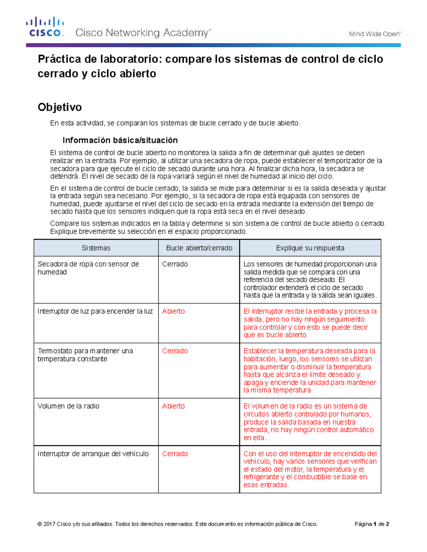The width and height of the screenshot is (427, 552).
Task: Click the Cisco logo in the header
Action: (45, 27)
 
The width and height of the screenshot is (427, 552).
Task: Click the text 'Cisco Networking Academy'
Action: (143, 33)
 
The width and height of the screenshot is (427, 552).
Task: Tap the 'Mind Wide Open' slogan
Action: (374, 34)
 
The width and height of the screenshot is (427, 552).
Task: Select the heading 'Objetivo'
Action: (60, 107)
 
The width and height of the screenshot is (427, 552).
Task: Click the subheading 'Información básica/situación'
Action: (120, 140)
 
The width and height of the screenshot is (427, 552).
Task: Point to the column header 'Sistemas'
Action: (96, 248)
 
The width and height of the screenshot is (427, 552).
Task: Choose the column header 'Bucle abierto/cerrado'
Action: (199, 248)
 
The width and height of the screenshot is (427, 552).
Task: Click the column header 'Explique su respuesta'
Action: (310, 248)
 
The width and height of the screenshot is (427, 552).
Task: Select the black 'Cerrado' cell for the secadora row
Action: (175, 264)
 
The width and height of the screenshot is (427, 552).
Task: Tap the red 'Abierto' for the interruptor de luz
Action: (173, 311)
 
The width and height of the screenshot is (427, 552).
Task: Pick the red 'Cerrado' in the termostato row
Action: (175, 351)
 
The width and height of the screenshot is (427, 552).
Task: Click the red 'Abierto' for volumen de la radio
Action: (173, 406)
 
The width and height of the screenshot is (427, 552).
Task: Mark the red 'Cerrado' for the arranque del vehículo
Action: (175, 454)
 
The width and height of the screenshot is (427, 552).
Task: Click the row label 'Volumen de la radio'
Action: (68, 406)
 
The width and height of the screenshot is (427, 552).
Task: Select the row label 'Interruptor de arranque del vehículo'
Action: (93, 454)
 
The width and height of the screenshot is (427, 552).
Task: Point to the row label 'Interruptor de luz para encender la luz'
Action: (95, 311)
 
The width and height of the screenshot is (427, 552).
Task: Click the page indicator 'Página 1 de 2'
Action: (371, 524)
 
